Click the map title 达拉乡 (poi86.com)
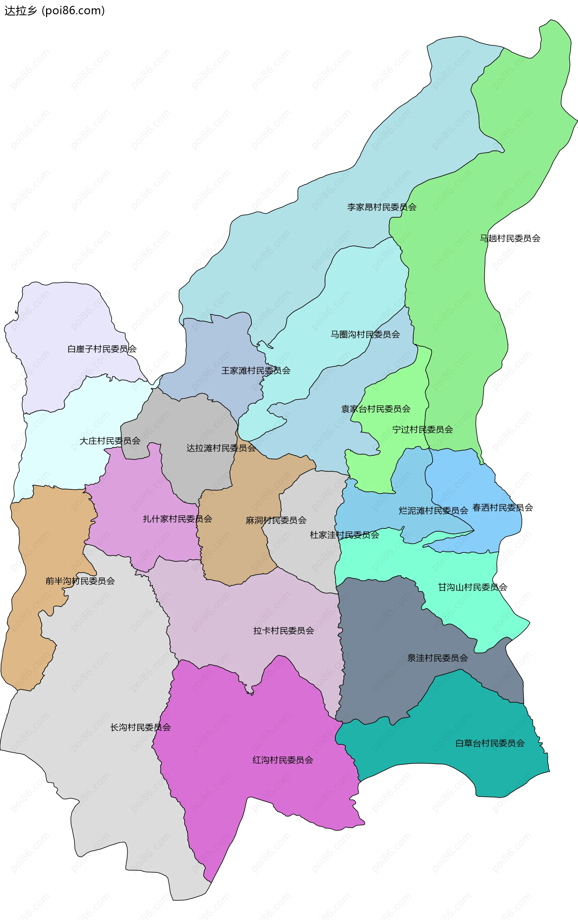click(54, 11)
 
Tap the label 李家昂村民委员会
click(381, 207)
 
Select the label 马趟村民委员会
click(510, 238)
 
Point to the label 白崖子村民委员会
click(102, 349)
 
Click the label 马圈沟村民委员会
click(365, 335)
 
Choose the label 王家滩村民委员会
click(256, 371)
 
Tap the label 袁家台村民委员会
click(376, 409)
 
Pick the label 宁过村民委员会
click(423, 430)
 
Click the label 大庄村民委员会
click(110, 441)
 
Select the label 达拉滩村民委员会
click(221, 448)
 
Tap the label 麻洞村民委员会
click(276, 520)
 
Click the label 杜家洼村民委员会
click(344, 535)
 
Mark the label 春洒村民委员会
click(502, 508)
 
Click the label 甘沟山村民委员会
click(472, 587)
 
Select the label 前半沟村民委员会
click(80, 581)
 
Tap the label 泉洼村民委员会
click(437, 658)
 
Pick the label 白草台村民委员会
click(490, 743)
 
